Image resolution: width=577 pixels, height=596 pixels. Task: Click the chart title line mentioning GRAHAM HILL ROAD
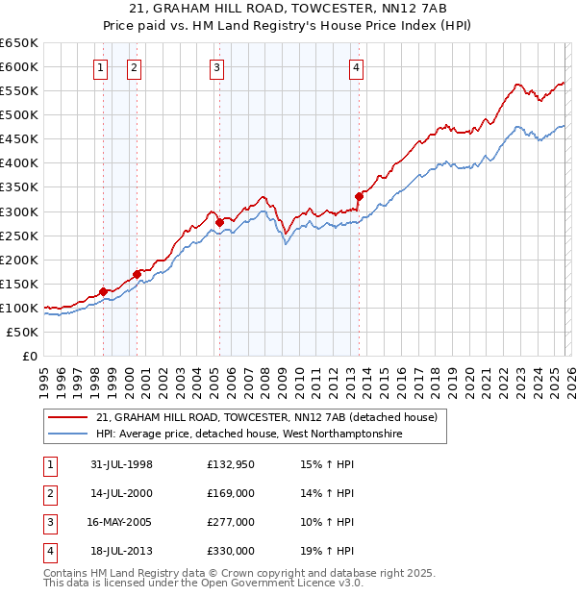(288, 9)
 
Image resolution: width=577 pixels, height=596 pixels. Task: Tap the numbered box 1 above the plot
(102, 67)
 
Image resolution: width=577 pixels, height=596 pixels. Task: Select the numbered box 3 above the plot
(217, 67)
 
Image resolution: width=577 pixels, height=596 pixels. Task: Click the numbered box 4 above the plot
(356, 67)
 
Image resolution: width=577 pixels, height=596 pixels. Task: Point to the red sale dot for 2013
(359, 196)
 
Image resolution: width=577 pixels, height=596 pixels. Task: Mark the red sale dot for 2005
(219, 222)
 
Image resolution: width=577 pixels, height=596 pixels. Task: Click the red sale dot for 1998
(103, 291)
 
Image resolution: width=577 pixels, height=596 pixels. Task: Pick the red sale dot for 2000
(137, 274)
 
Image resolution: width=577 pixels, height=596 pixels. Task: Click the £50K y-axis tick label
(22, 332)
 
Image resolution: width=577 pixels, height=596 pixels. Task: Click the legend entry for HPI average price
(249, 435)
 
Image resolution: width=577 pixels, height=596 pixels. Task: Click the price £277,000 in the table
(231, 522)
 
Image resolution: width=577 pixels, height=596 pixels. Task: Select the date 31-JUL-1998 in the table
(122, 464)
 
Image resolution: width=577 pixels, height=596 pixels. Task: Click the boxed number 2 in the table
(49, 493)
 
